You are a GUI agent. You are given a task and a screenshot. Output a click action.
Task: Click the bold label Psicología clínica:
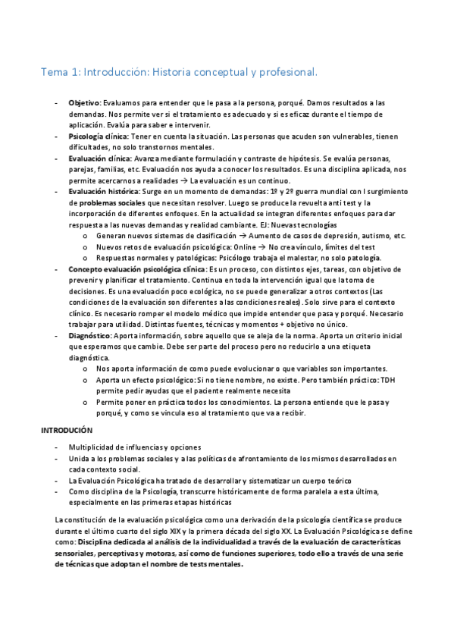(99, 136)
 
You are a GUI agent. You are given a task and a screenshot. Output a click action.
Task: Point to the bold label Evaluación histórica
(104, 192)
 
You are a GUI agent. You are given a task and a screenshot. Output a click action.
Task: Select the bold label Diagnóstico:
(91, 334)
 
